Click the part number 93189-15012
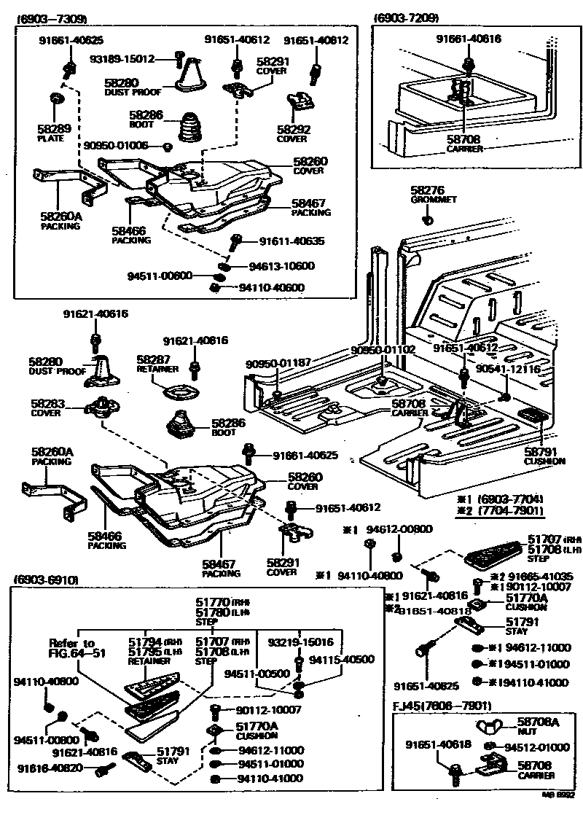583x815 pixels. coord(122,58)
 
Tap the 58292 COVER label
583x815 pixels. coord(291,133)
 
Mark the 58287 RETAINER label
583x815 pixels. coord(157,364)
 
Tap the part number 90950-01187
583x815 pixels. coord(278,363)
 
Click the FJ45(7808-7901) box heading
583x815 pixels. coord(443,706)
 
